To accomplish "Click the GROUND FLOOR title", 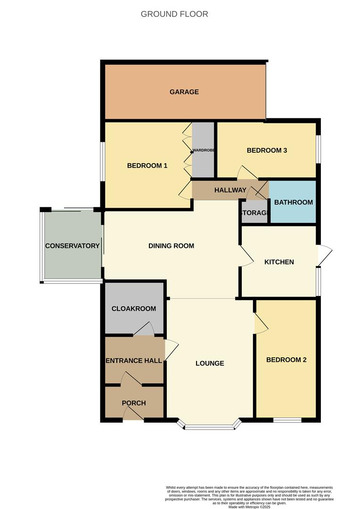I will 174,14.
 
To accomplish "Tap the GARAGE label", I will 184,92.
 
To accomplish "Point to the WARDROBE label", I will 203,151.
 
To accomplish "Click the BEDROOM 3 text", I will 267,151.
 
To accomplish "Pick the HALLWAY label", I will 230,190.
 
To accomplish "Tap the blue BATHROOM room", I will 293,203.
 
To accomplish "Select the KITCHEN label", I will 279,262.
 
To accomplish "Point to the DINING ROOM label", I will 171,246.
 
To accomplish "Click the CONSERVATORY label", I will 73,246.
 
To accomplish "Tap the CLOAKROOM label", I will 134,309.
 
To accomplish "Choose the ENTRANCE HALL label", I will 134,361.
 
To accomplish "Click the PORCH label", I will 134,403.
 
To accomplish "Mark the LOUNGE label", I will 210,363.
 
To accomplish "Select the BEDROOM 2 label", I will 286,360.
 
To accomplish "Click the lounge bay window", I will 209,427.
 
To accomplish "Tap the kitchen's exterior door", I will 324,255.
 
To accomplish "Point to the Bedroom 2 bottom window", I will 287,419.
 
